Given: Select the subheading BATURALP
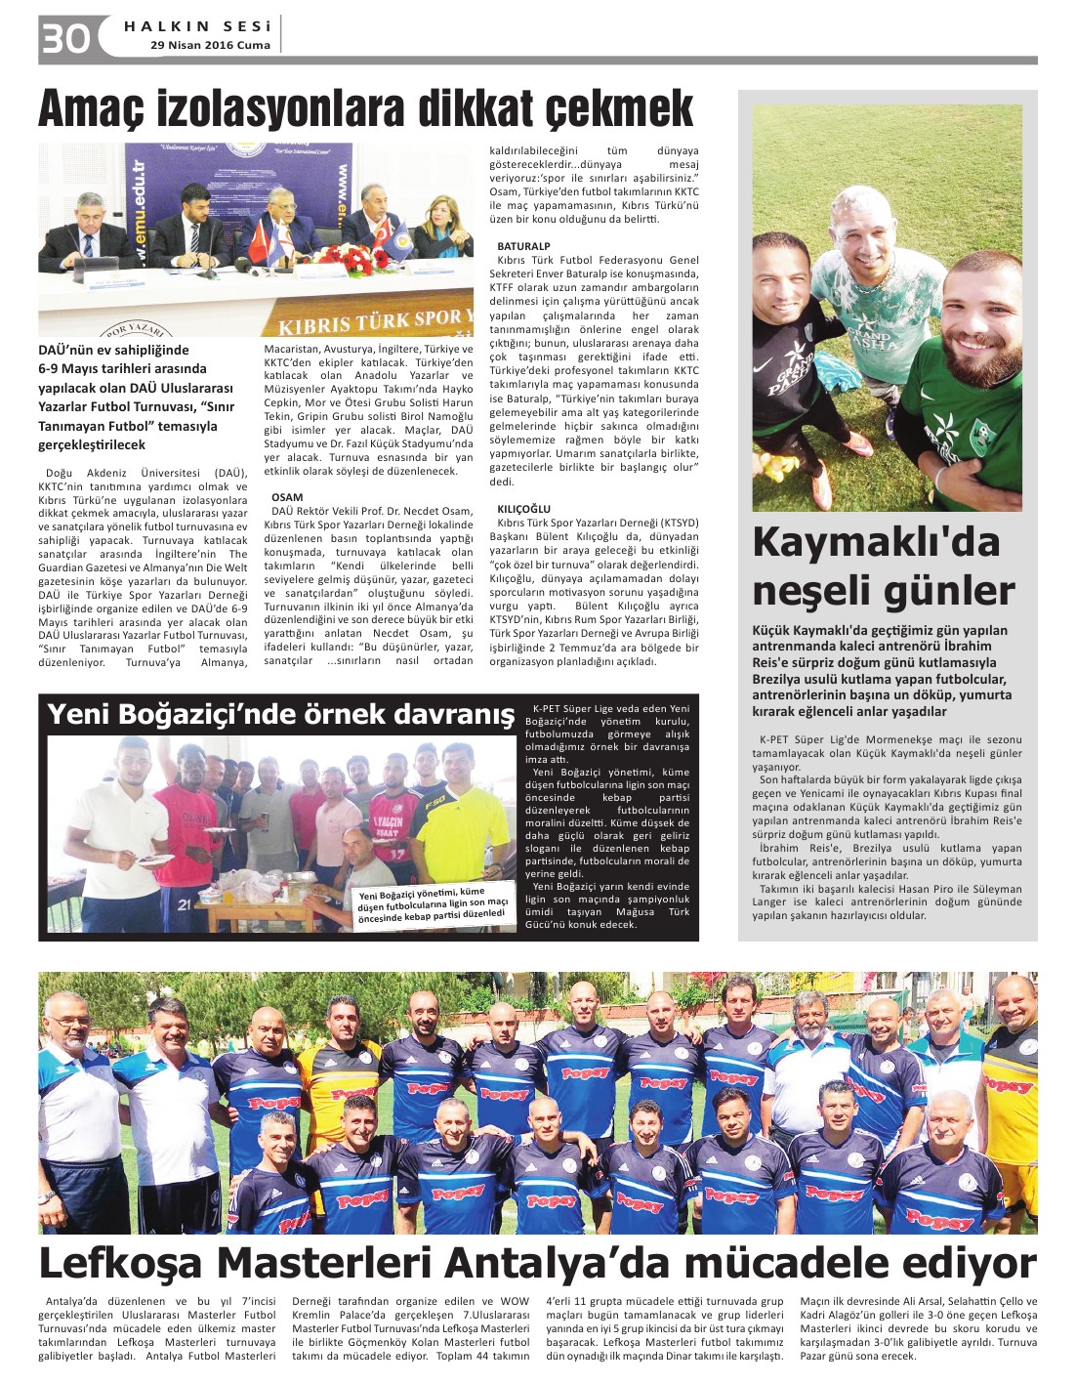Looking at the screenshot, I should point(523,246).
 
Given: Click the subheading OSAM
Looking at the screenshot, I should point(287,497).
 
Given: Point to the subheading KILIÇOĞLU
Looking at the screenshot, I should point(523,509).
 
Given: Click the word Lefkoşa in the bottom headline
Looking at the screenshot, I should point(120,1264).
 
